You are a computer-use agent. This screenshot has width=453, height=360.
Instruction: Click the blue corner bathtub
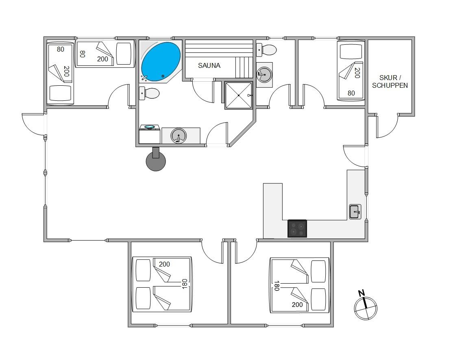pyautogui.click(x=161, y=62)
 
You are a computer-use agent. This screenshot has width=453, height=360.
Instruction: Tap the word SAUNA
pyautogui.click(x=209, y=65)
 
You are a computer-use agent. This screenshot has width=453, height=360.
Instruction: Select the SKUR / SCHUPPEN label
pyautogui.click(x=390, y=81)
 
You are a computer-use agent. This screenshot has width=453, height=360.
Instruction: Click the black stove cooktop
pyautogui.click(x=297, y=228)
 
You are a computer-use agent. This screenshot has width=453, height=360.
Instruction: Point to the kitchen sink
pyautogui.click(x=355, y=212)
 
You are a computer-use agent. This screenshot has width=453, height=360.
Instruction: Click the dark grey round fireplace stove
pyautogui.click(x=156, y=160)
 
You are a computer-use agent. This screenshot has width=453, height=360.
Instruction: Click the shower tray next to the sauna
pyautogui.click(x=239, y=95)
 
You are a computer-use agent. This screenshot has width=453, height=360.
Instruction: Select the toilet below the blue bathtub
pyautogui.click(x=149, y=93)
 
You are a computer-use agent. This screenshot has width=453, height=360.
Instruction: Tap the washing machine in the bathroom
pyautogui.click(x=149, y=134)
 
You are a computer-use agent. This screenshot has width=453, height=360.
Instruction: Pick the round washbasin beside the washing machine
pyautogui.click(x=179, y=136)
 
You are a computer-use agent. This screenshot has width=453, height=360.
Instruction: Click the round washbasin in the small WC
pyautogui.click(x=264, y=75)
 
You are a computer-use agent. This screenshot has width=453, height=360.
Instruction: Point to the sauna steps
pyautogui.click(x=244, y=67)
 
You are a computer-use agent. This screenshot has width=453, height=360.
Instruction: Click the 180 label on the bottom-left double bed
pyautogui.click(x=185, y=284)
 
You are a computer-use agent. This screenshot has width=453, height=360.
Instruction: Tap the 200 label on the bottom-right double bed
pyautogui.click(x=297, y=305)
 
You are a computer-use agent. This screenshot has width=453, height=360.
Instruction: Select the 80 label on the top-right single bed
pyautogui.click(x=351, y=93)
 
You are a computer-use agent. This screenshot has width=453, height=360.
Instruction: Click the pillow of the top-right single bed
pyautogui.click(x=351, y=51)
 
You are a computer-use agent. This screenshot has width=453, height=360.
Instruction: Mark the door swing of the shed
pyautogui.click(x=387, y=126)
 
